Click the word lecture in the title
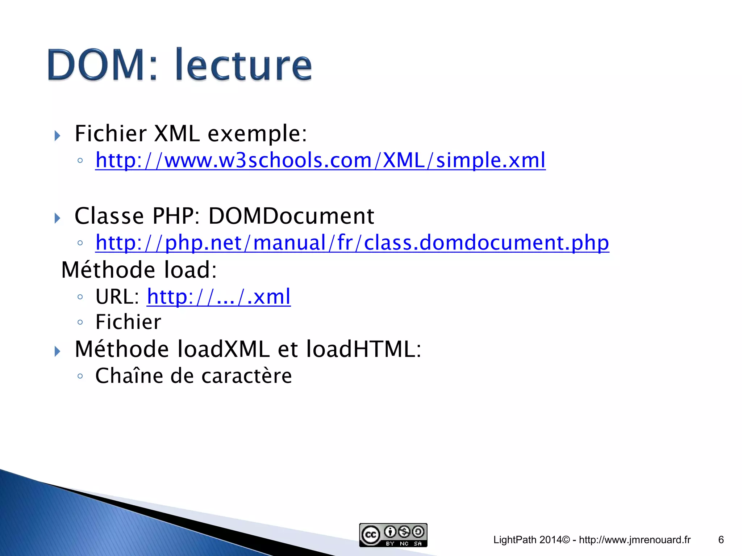[243, 65]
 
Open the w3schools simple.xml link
[320, 160]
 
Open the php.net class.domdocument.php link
[352, 243]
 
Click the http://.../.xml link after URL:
[218, 297]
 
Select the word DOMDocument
[291, 216]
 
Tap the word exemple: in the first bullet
[257, 134]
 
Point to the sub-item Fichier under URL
[128, 322]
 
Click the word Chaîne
[129, 376]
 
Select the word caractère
[246, 376]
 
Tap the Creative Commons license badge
[393, 535]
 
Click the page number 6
[721, 540]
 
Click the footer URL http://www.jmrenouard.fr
[635, 540]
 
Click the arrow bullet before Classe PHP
[57, 218]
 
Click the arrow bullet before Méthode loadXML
[57, 351]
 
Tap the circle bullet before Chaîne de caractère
[80, 376]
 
